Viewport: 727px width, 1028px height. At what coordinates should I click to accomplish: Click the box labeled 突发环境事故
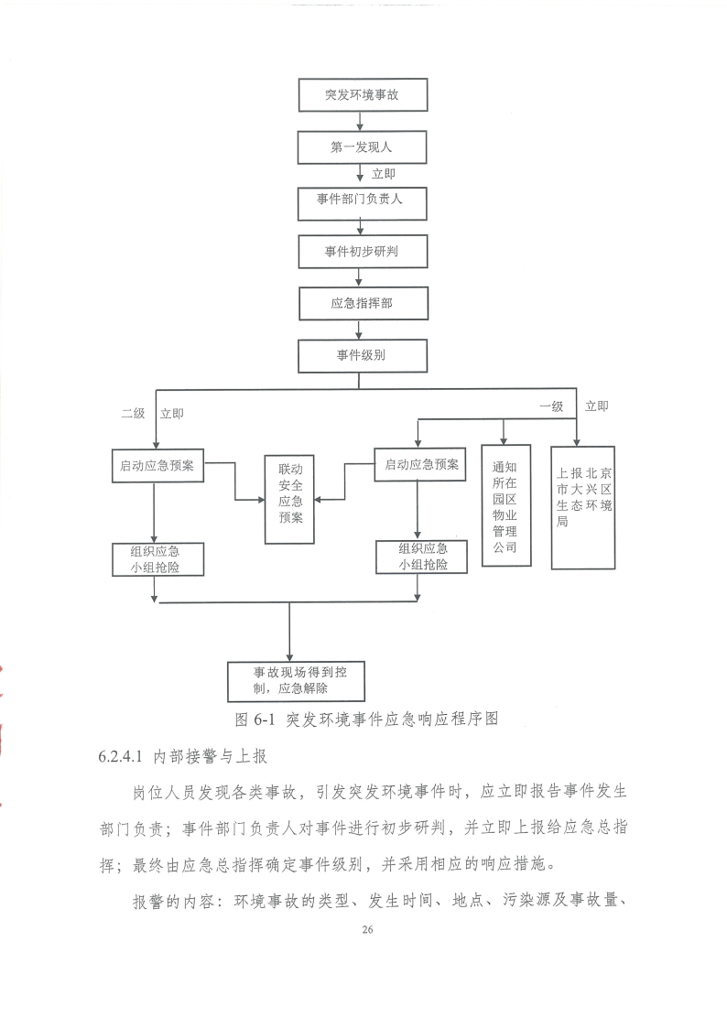(x=363, y=95)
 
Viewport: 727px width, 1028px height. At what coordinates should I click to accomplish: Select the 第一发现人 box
(x=362, y=147)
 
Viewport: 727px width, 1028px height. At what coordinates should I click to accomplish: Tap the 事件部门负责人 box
(x=362, y=203)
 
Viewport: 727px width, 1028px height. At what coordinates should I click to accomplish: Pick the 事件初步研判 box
(x=363, y=252)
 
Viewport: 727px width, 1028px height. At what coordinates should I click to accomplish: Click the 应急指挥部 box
(x=363, y=304)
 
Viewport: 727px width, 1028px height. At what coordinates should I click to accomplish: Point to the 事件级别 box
(x=363, y=356)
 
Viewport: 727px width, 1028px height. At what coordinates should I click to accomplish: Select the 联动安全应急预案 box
(x=289, y=500)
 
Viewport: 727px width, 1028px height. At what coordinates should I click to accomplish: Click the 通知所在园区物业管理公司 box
(x=506, y=505)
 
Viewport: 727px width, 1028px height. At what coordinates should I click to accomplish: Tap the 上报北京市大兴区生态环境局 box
(x=582, y=507)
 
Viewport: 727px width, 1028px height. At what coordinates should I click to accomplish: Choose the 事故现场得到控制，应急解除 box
(x=296, y=681)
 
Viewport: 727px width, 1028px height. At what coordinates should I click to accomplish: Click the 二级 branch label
(x=133, y=414)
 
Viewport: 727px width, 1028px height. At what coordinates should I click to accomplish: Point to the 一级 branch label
(x=551, y=406)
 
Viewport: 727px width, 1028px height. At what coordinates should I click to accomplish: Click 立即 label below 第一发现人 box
(x=384, y=174)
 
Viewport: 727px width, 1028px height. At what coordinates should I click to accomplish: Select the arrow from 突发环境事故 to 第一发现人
(x=359, y=121)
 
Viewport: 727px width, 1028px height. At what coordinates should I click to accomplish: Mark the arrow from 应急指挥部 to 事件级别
(x=359, y=330)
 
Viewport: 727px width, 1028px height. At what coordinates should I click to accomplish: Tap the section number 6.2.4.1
(x=120, y=756)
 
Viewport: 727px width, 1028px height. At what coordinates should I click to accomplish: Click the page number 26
(x=367, y=929)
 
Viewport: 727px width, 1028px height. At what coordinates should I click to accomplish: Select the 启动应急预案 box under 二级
(x=157, y=466)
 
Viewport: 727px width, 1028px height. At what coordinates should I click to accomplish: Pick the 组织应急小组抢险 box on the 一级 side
(x=421, y=557)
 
